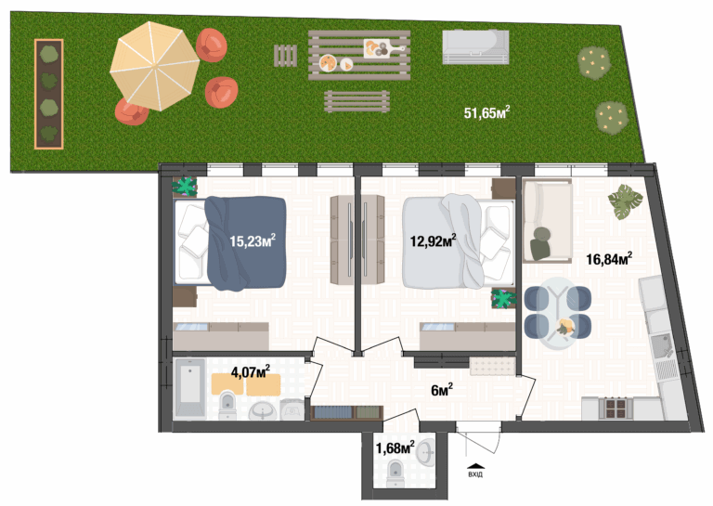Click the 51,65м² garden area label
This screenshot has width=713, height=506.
tap(486, 112)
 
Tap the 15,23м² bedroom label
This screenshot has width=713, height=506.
tap(253, 240)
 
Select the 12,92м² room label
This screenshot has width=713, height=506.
tap(434, 240)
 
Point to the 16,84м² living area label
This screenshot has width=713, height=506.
tap(609, 259)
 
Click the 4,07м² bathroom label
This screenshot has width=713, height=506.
tap(251, 372)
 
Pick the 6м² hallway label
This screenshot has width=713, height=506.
tap(442, 390)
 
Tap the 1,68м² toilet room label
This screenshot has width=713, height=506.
tap(395, 448)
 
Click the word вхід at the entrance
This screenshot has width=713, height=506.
tap(475, 474)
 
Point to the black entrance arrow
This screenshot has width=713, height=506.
tap(475, 465)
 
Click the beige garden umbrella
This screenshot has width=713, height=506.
tap(155, 66)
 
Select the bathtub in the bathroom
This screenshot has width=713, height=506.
tap(190, 388)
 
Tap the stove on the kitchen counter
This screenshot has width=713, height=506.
tap(616, 408)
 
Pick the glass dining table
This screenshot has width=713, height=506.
tap(558, 313)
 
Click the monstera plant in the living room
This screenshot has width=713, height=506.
tap(625, 201)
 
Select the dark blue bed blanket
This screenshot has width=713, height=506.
tap(246, 242)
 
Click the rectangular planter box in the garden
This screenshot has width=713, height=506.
tap(48, 94)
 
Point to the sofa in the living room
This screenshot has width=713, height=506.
tap(547, 220)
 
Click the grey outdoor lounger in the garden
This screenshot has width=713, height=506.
tap(475, 46)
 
